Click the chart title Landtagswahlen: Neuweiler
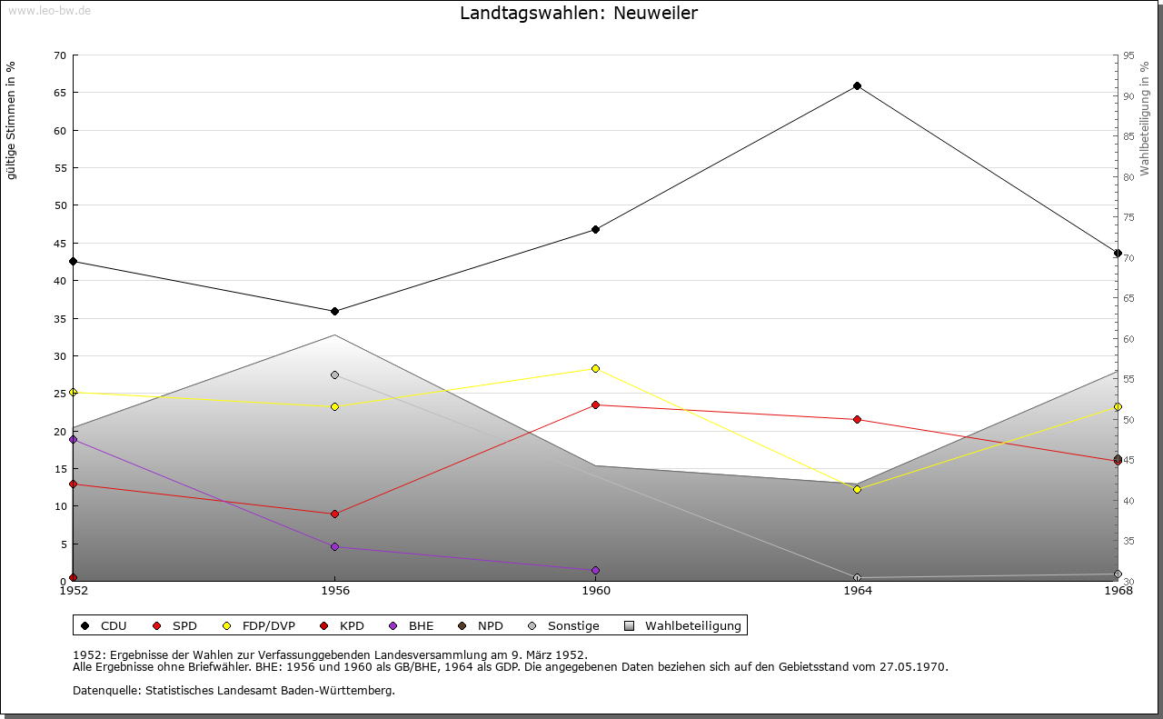coord(579,13)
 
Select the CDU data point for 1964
coord(857,86)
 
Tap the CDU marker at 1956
coord(334,311)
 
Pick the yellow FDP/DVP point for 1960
coord(595,368)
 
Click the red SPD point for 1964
coord(857,419)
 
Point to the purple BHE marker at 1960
coord(595,570)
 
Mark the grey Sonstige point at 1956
coord(334,374)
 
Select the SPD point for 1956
coord(334,514)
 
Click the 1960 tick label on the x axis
coord(595,591)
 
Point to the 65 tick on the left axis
coord(60,93)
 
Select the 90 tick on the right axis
coord(1128,96)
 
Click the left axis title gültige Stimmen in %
coord(12,121)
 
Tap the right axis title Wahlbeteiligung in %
coord(1145,119)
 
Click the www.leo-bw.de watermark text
coord(49,11)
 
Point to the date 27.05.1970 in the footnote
coord(913,667)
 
